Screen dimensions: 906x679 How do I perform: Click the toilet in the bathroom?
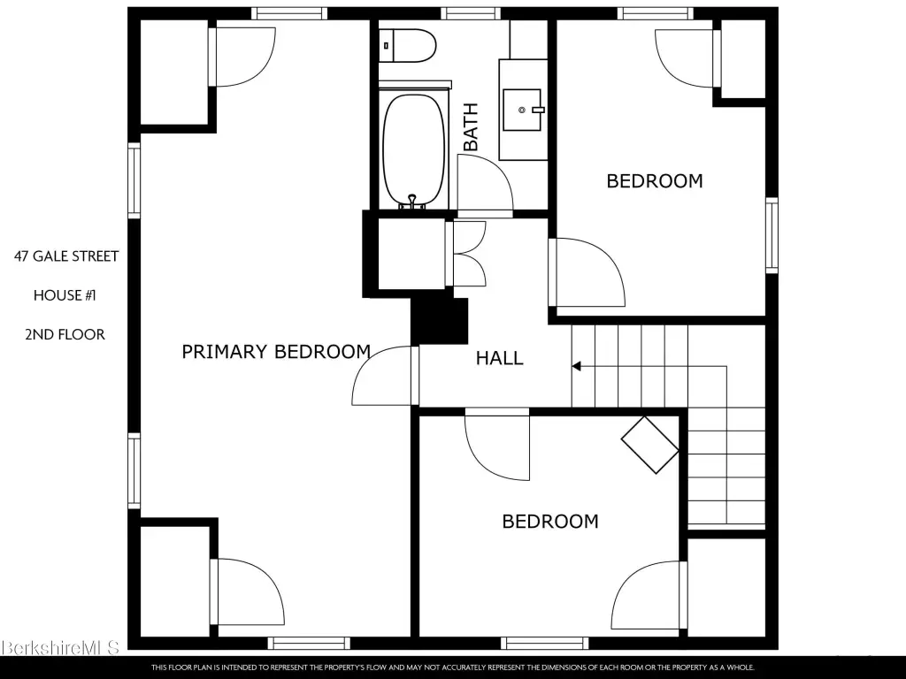(x=408, y=46)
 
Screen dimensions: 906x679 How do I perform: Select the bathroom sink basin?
(x=522, y=110)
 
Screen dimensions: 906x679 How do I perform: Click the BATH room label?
(x=471, y=126)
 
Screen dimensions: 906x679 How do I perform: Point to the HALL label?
(x=500, y=358)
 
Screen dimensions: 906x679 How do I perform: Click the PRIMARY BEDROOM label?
(x=276, y=352)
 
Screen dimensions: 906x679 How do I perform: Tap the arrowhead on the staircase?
(x=576, y=366)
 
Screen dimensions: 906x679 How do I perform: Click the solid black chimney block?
(x=439, y=321)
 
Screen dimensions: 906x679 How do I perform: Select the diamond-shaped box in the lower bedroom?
(x=650, y=446)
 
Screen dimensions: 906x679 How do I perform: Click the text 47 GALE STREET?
(x=66, y=256)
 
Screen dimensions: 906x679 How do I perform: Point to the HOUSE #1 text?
(x=65, y=295)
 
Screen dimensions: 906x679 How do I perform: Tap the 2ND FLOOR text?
(x=65, y=335)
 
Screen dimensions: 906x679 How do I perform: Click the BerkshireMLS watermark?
(x=60, y=647)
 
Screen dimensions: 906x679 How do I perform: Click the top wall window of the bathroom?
(x=471, y=13)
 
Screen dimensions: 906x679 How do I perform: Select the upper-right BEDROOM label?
(x=655, y=181)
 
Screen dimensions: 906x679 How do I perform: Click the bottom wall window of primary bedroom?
(x=309, y=643)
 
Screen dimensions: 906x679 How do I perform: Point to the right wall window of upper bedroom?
(x=772, y=235)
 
